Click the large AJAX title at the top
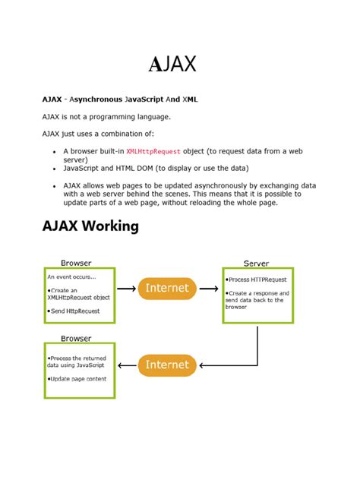pyautogui.click(x=172, y=64)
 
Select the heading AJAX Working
pyautogui.click(x=90, y=226)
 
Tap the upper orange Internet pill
pyautogui.click(x=167, y=288)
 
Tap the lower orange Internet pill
pyautogui.click(x=167, y=365)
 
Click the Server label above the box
pyautogui.click(x=256, y=263)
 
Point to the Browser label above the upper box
pyautogui.click(x=76, y=263)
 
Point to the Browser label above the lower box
pyautogui.click(x=76, y=339)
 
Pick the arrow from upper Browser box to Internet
pyautogui.click(x=126, y=289)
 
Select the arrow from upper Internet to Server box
pyautogui.click(x=209, y=289)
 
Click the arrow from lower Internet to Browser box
pyautogui.click(x=126, y=365)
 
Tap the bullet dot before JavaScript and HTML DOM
pyautogui.click(x=54, y=169)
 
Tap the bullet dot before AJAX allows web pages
pyautogui.click(x=54, y=185)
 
